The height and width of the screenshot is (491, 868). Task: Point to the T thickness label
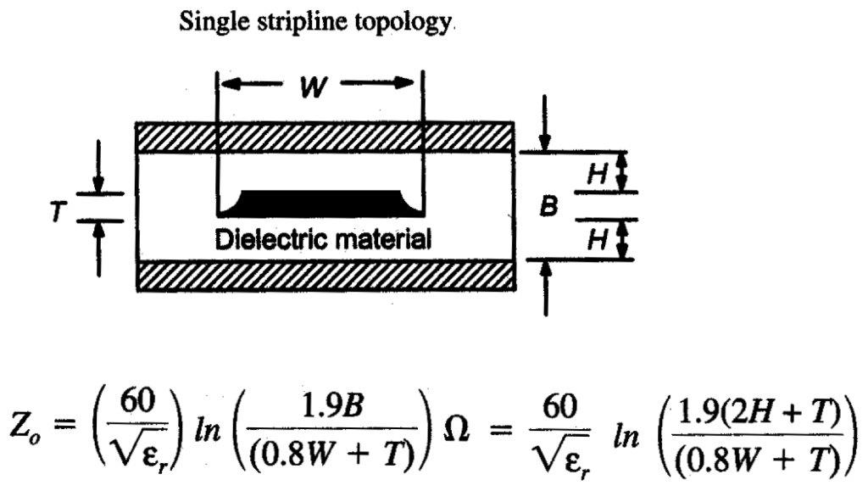click(56, 208)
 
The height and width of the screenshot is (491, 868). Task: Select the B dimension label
click(548, 206)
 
